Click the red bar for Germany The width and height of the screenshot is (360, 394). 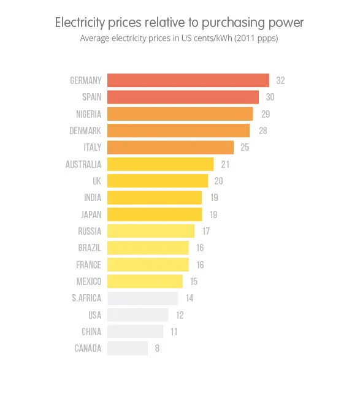point(188,80)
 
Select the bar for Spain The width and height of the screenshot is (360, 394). point(183,97)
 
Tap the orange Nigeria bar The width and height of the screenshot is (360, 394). point(180,114)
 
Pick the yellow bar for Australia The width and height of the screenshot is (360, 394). point(160,164)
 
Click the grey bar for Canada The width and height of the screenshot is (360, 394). point(128,348)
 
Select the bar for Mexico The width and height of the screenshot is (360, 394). point(145,281)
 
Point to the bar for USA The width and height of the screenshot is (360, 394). point(137,315)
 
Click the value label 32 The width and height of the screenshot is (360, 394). point(280,81)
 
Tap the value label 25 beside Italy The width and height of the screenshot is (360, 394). point(245,148)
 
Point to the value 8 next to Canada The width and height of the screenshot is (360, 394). point(158,349)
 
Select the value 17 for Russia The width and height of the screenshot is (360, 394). point(205,231)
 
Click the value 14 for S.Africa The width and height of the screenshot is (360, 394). point(189,298)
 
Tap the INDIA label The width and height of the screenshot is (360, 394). point(92,198)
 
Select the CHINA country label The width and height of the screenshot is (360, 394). point(91,331)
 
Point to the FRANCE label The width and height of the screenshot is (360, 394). point(89,265)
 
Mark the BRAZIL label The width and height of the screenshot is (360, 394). point(90,248)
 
